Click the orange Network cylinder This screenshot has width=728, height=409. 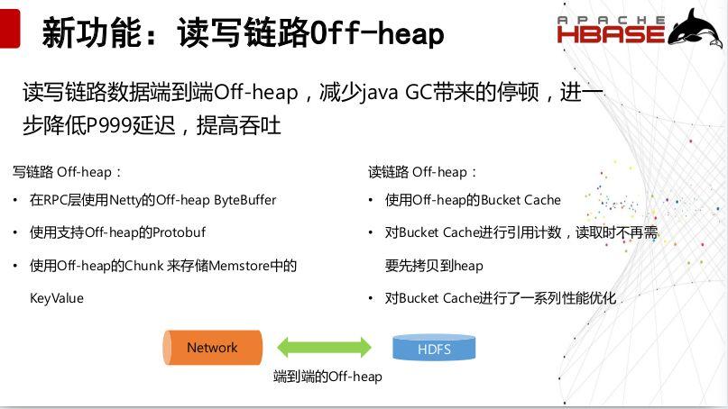212,348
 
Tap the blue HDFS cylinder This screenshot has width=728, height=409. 434,349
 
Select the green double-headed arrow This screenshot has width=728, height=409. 324,348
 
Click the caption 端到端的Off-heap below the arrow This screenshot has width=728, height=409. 327,377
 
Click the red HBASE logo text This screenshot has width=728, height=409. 611,34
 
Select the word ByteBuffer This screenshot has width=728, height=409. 244,200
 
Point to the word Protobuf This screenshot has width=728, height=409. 179,232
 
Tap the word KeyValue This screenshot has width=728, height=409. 56,298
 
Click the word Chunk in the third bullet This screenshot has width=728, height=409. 143,266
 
